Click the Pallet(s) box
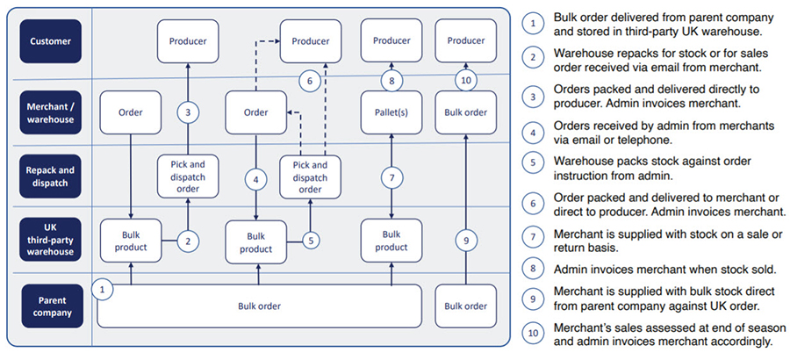[391, 112]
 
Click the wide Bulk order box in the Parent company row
[259, 306]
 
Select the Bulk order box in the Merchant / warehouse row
[465, 112]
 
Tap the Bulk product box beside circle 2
[130, 240]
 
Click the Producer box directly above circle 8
[391, 40]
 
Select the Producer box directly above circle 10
[465, 40]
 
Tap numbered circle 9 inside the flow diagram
[465, 240]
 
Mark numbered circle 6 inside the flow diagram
[308, 82]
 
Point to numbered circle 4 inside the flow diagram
[256, 180]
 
